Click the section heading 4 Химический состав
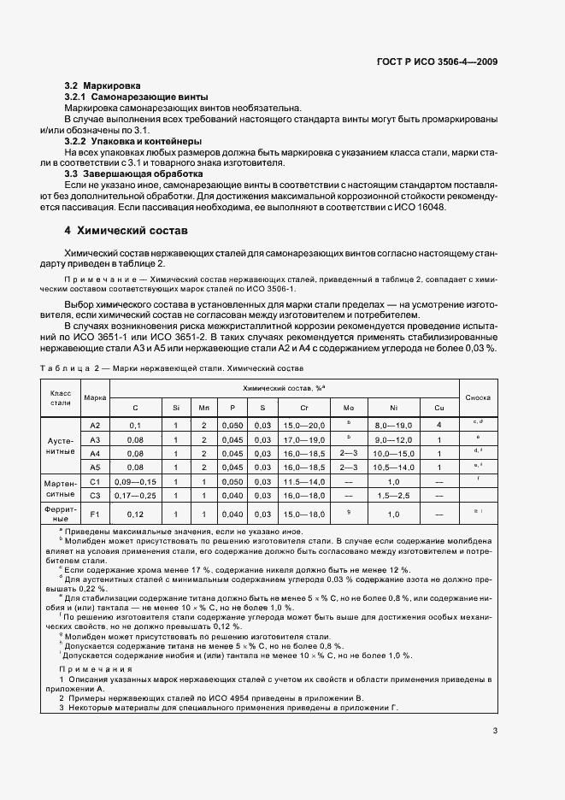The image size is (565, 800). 126,231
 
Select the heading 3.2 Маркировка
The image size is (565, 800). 103,86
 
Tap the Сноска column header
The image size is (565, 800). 477,398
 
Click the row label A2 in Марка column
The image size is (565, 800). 95,425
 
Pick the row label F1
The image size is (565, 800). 95,514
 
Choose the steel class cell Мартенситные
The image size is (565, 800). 60,488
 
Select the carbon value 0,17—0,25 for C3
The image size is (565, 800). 135,495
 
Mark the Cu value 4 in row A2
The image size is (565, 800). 438,425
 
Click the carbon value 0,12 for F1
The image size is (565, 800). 135,514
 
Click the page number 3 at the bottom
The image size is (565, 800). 495,731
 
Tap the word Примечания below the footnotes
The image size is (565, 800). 83,669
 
